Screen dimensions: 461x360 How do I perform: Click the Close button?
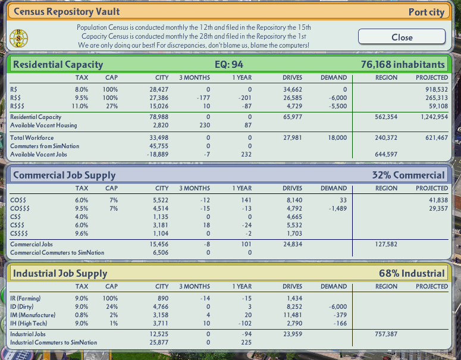point(402,37)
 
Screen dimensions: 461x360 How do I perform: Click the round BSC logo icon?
point(18,38)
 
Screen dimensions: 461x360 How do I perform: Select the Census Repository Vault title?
point(67,11)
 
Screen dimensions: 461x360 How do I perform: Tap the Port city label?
point(426,12)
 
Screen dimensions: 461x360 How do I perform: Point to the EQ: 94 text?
point(229,64)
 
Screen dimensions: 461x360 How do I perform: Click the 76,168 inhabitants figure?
point(403,64)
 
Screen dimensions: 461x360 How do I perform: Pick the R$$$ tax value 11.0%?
point(80,106)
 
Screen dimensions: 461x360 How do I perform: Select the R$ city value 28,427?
point(159,89)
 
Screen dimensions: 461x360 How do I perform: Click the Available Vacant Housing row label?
point(43,126)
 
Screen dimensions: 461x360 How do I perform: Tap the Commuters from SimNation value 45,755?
point(159,146)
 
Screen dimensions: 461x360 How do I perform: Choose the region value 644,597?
point(386,154)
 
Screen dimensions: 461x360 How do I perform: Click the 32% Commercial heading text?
point(409,176)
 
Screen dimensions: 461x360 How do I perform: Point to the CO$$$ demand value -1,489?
point(338,208)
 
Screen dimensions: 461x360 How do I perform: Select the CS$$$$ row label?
point(19,233)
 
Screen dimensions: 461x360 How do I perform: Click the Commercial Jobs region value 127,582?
point(386,244)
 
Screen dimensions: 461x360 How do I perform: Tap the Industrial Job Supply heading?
point(60,274)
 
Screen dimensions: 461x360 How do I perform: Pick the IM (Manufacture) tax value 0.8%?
point(81,315)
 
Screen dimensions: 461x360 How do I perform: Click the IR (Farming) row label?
point(26,298)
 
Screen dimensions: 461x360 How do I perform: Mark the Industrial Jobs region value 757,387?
point(386,334)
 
